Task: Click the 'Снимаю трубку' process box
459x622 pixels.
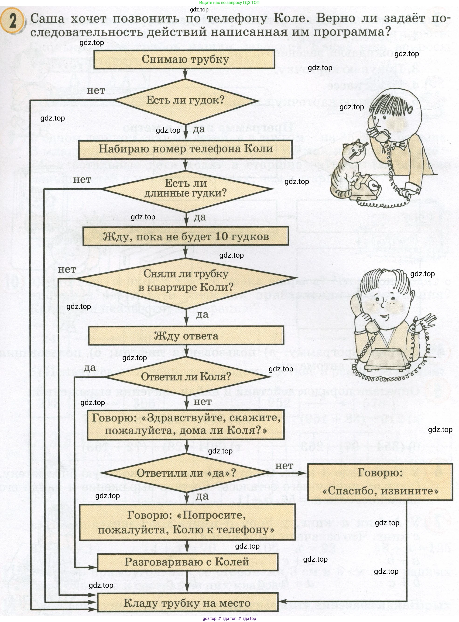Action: [184, 59]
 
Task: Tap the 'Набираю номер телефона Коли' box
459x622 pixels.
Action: [185, 149]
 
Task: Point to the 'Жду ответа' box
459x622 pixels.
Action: [186, 336]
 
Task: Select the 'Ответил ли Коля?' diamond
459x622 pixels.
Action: [186, 377]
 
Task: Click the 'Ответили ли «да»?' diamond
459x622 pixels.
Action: [186, 473]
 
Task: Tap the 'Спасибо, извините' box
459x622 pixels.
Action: [380, 482]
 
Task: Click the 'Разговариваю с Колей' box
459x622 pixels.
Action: [187, 562]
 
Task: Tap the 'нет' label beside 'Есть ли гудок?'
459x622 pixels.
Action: [96, 91]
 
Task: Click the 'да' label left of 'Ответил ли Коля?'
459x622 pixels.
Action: [89, 368]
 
